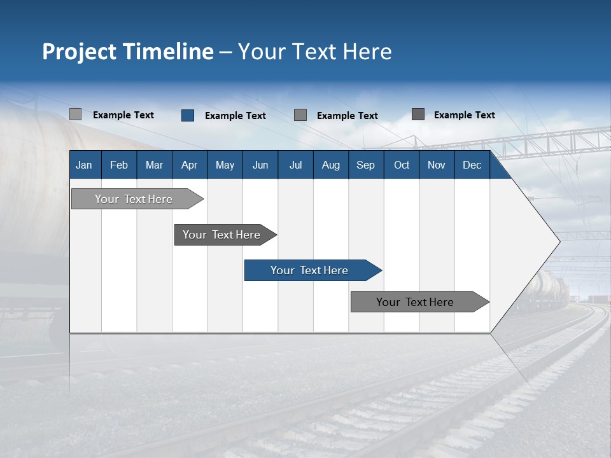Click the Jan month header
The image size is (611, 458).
84,165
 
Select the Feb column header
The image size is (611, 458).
119,165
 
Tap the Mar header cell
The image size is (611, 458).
154,165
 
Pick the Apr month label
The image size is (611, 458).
189,165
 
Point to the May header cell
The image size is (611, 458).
225,165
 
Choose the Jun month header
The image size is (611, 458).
260,165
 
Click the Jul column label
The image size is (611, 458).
295,165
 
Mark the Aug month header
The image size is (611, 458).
331,165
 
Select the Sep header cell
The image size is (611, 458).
366,165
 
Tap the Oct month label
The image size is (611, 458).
402,165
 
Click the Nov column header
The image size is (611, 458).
437,165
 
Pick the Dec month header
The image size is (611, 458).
472,165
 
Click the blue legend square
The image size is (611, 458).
188,115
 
